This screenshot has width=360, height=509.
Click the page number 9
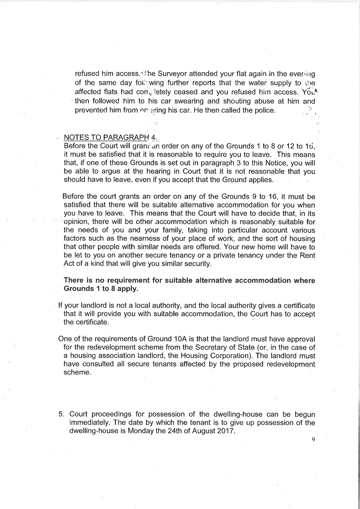(x=313, y=439)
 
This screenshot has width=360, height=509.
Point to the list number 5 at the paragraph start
(x=61, y=414)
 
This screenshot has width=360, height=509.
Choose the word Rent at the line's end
(x=308, y=255)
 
